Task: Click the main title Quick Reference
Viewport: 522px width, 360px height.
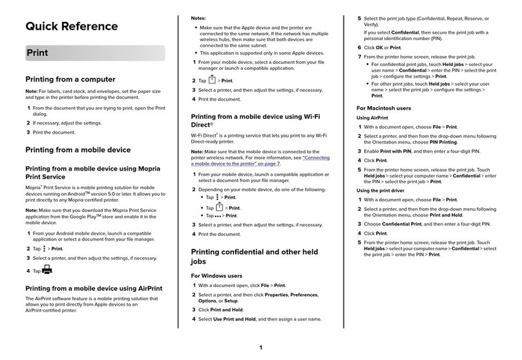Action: point(71,26)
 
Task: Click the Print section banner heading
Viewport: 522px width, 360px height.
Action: point(37,53)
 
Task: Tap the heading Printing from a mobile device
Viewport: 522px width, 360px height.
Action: point(78,150)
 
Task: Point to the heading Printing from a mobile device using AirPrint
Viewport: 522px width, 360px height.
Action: point(93,288)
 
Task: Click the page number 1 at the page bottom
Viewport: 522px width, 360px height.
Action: point(261,348)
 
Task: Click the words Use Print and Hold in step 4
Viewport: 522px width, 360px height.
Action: point(236,319)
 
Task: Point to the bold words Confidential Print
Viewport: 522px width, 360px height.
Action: point(402,223)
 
